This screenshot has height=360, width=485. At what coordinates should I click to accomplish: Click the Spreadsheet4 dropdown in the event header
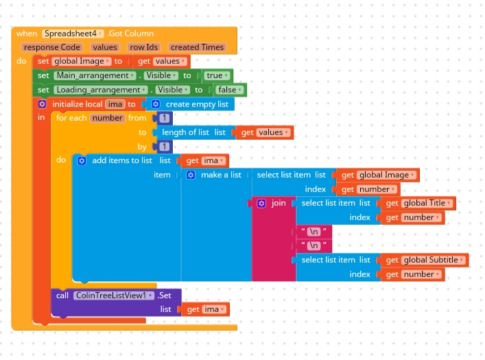point(73,34)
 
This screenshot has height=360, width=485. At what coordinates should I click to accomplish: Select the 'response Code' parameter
point(52,47)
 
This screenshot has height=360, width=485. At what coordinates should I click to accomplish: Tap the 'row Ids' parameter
point(143,47)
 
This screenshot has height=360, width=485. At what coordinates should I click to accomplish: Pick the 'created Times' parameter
point(197,47)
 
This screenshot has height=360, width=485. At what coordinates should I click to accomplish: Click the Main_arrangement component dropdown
point(96,75)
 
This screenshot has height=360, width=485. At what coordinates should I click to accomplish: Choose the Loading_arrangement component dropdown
point(101,90)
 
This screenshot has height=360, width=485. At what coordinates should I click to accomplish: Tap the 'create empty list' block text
point(197,104)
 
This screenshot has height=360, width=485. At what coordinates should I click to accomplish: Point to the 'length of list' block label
point(186,132)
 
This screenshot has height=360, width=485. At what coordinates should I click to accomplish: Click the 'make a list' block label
point(221,175)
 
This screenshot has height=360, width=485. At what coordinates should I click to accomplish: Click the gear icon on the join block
point(261,204)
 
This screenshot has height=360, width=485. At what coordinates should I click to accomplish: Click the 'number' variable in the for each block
point(108,118)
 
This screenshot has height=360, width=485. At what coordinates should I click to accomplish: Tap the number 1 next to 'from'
point(163,118)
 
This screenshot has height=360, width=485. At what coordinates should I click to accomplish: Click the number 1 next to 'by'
point(163,147)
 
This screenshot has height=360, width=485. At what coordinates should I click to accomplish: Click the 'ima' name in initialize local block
point(115,104)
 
